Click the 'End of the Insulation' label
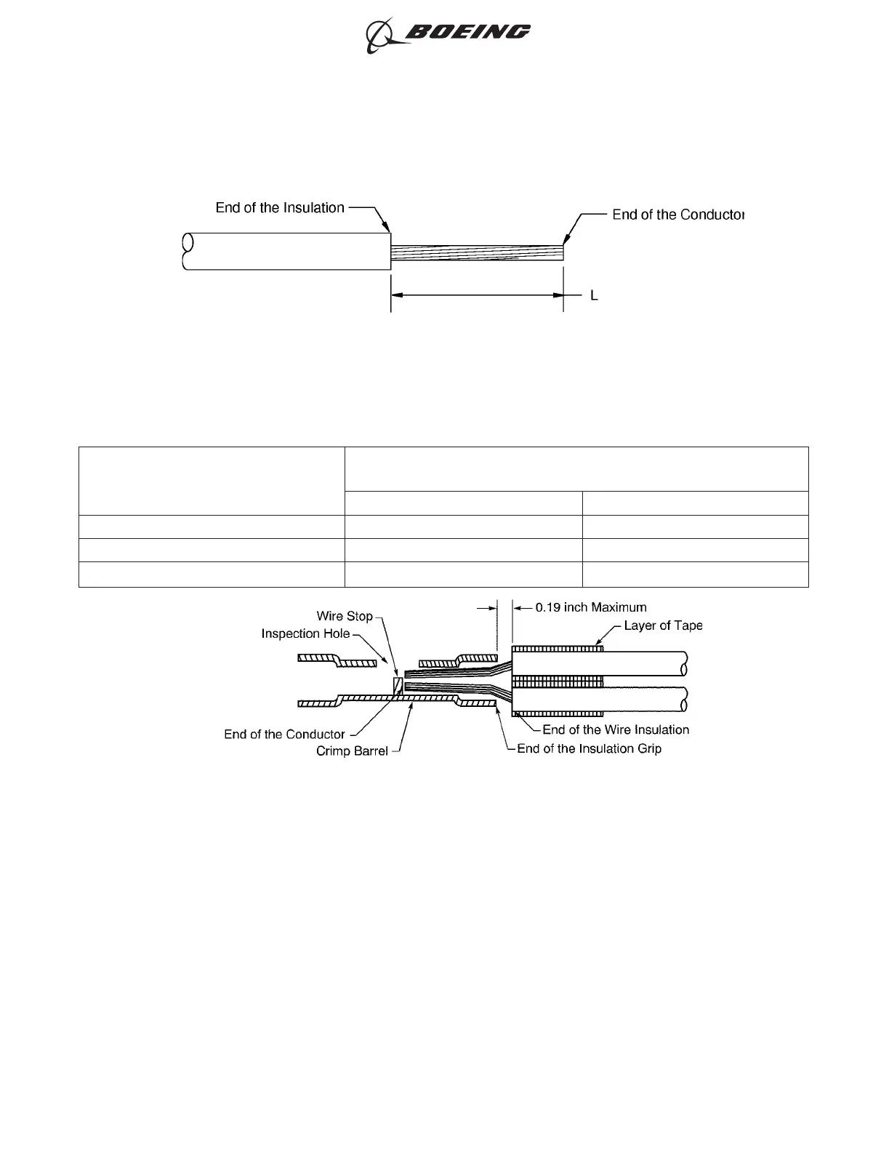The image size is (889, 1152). click(x=280, y=208)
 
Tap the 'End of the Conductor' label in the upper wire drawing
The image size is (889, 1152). click(x=678, y=215)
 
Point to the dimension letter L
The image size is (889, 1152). click(x=594, y=296)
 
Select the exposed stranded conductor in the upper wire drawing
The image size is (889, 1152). click(x=477, y=252)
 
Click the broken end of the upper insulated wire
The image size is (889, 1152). click(x=188, y=252)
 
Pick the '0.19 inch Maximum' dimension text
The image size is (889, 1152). click(x=590, y=607)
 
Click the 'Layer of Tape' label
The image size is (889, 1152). click(x=663, y=625)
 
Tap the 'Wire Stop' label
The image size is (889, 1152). click(x=345, y=616)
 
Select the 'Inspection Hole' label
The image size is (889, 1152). click(x=305, y=634)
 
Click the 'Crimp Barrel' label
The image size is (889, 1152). click(x=352, y=751)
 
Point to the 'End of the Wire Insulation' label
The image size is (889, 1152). click(x=616, y=729)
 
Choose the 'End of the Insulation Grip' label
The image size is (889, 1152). click(x=589, y=748)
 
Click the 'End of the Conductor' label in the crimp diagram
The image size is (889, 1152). click(x=284, y=735)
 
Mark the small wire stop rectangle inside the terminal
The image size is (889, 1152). click(x=398, y=685)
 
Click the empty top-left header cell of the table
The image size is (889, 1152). click(x=211, y=481)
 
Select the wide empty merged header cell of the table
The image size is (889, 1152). click(x=576, y=469)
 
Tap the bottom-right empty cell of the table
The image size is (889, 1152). click(x=695, y=574)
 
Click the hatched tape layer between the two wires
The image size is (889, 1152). click(x=558, y=681)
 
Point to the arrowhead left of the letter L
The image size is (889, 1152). click(x=558, y=296)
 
